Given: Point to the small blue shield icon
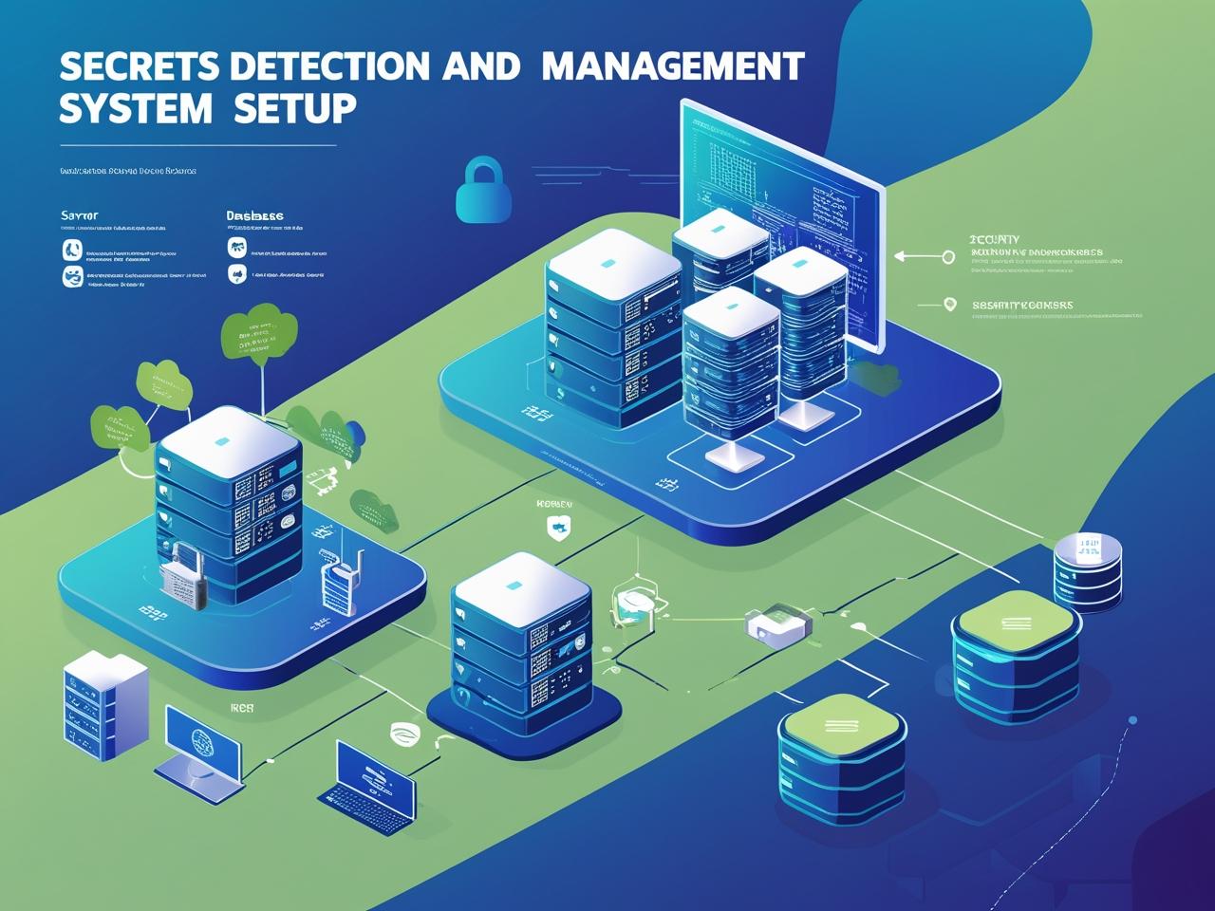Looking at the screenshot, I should pos(557,527).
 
